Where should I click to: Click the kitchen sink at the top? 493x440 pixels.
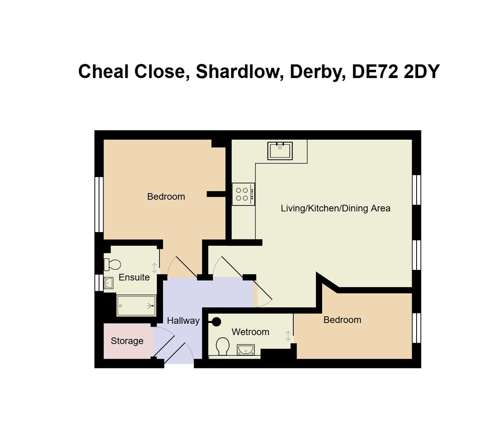tap(280, 151)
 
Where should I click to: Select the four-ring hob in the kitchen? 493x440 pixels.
tap(243, 194)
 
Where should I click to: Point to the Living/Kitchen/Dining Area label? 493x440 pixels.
tap(335, 208)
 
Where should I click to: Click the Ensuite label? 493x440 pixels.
tap(134, 277)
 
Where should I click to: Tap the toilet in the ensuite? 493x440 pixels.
tap(112, 264)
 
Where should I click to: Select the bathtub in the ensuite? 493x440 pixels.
tap(136, 306)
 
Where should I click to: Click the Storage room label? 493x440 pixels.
tap(127, 341)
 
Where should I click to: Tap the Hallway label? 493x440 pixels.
tap(183, 320)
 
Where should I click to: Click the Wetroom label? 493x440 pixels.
tap(250, 332)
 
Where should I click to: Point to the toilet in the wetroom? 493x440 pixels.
tap(223, 346)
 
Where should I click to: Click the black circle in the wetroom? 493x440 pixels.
tap(216, 322)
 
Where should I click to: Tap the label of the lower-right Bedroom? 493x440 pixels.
tap(342, 320)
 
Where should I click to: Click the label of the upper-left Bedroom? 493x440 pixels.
tap(166, 196)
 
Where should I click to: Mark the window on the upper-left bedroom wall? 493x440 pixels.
tap(99, 204)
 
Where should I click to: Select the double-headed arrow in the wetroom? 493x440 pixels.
tap(288, 336)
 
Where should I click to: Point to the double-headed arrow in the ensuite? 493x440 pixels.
tap(154, 268)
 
